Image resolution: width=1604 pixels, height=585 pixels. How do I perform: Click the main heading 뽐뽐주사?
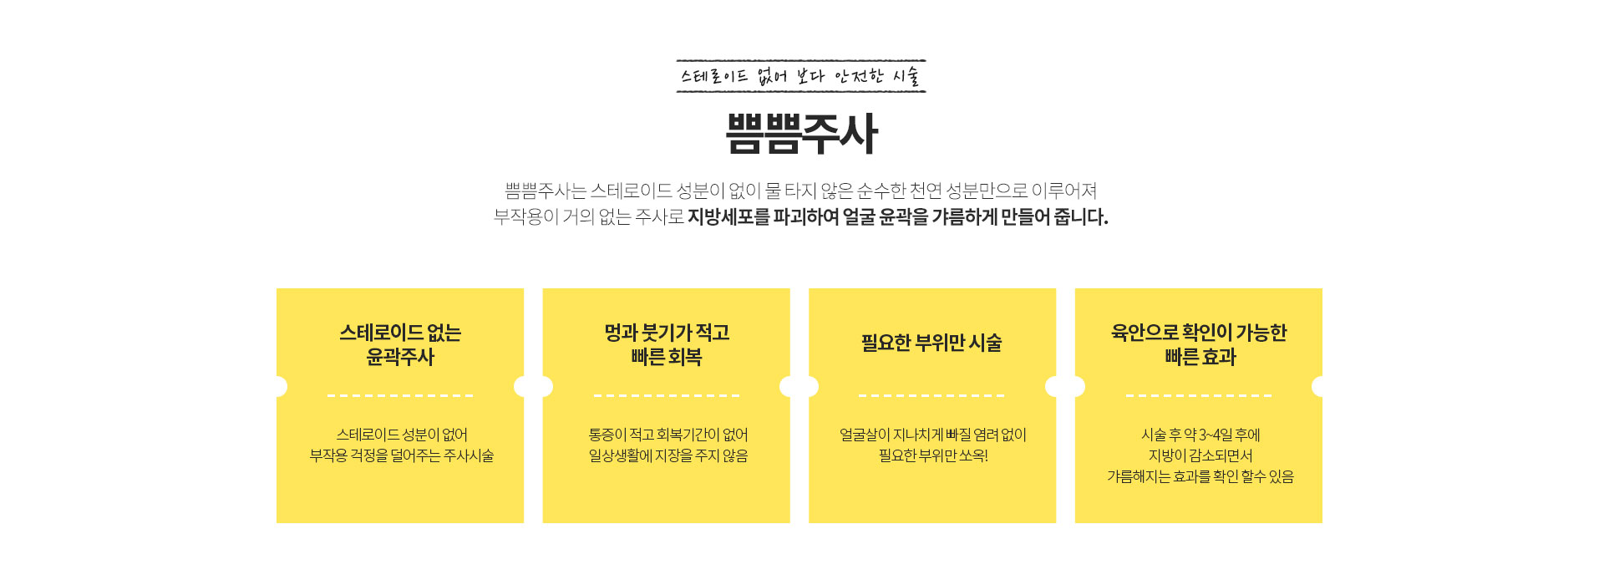[x=801, y=134]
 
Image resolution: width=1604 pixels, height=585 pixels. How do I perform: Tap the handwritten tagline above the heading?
[x=800, y=76]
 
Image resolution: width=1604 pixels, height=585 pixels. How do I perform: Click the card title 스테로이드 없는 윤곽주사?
[x=400, y=344]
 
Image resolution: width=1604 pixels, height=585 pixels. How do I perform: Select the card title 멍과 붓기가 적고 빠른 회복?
[x=667, y=344]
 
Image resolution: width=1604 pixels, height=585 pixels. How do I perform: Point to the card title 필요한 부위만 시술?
[x=931, y=343]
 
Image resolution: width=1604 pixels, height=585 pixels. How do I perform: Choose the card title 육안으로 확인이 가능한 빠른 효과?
[x=1199, y=344]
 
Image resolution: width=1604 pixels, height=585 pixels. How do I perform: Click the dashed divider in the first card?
[x=400, y=395]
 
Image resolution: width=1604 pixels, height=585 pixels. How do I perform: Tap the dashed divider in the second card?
[x=667, y=395]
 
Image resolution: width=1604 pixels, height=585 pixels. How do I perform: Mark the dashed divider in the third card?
[x=931, y=395]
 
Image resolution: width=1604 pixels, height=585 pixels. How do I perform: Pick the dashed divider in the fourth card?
[x=1199, y=395]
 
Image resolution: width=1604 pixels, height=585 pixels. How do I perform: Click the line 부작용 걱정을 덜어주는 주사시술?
[x=402, y=455]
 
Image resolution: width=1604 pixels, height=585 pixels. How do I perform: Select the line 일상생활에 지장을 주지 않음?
[x=667, y=455]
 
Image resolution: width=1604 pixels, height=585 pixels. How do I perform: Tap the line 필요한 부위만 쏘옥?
[x=933, y=455]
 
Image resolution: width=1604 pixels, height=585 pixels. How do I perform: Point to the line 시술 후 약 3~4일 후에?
[x=1200, y=435]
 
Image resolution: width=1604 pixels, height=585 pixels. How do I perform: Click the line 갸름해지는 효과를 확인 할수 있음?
[x=1200, y=476]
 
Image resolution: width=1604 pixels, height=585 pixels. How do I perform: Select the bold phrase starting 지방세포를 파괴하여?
[x=898, y=217]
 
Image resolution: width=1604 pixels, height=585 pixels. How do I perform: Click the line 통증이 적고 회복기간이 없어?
[x=667, y=435]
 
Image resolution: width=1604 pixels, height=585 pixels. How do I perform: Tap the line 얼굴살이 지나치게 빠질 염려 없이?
[x=933, y=435]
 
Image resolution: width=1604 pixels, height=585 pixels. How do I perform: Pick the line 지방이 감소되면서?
[x=1200, y=455]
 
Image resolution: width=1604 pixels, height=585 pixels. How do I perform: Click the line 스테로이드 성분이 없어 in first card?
[x=402, y=435]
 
